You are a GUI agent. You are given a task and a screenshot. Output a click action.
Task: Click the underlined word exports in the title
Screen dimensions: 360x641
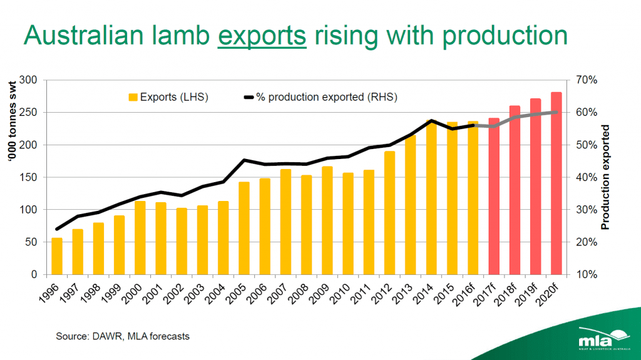(262, 36)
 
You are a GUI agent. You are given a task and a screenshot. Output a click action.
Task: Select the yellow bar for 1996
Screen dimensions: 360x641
(57, 256)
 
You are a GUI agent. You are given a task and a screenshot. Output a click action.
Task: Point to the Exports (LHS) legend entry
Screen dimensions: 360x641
(168, 97)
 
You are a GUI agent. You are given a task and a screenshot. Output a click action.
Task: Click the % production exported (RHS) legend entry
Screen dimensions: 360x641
(319, 97)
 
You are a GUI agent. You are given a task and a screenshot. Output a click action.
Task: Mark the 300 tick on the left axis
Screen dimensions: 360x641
(29, 80)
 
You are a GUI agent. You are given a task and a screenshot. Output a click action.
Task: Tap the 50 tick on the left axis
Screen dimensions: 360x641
(31, 242)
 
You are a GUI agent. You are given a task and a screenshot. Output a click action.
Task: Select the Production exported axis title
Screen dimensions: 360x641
(605, 177)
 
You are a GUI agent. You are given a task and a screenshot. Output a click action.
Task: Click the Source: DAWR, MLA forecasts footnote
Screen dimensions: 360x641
(123, 336)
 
